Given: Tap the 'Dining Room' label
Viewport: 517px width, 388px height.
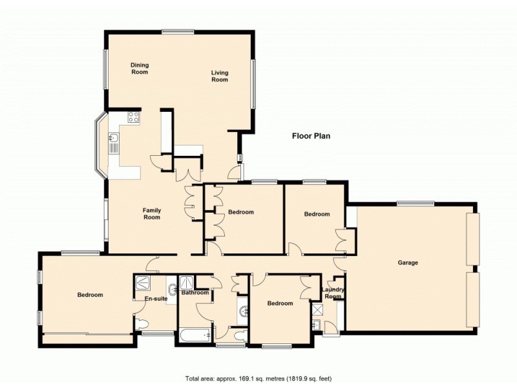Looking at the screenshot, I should [140, 68].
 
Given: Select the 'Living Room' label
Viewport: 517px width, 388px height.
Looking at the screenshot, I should [220, 76].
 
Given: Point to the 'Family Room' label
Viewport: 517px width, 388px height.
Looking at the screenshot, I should [151, 213].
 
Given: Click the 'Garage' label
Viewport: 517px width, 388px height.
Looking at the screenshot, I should [408, 263].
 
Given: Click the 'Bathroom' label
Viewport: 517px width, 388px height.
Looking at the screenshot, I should [195, 293].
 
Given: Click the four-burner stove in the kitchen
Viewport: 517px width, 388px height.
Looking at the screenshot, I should [134, 118].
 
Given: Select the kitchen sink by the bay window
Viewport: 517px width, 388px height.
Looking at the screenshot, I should [114, 138].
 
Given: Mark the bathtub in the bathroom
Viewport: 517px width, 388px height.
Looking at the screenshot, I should [195, 334].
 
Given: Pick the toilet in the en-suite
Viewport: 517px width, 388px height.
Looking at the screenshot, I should [142, 324].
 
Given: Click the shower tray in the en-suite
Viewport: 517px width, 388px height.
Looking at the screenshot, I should [142, 283].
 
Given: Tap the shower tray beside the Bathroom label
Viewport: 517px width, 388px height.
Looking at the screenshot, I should [187, 282].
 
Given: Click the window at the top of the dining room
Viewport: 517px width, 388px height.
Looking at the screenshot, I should [178, 31].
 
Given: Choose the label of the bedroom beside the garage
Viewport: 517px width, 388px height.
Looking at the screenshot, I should [317, 214].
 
